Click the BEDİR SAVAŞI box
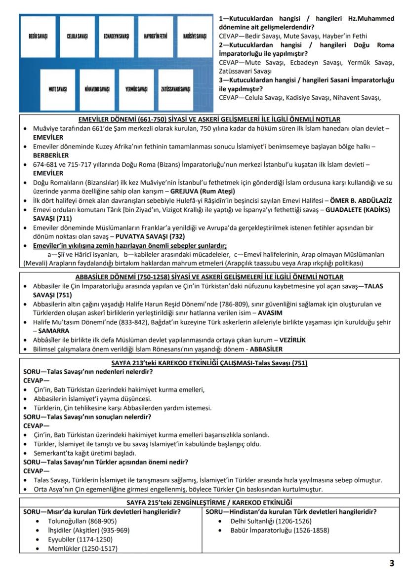(x=38, y=37)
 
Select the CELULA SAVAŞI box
(x=77, y=37)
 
